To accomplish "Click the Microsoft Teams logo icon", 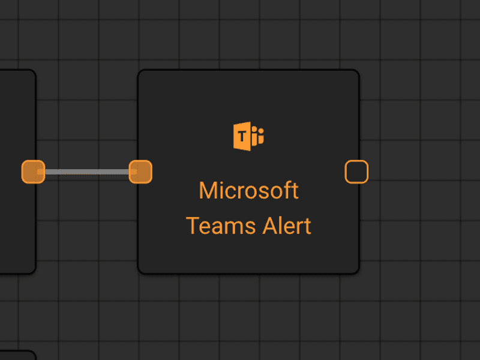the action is [248, 136].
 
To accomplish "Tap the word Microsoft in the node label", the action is [248, 190].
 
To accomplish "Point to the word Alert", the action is [287, 226].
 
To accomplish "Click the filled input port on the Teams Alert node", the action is [140, 172].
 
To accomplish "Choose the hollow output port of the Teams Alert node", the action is [356, 172].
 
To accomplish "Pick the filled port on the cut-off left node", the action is [34, 172].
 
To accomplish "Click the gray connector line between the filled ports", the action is [87, 172].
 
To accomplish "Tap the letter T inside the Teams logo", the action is [242, 136].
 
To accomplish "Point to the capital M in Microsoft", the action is [207, 190].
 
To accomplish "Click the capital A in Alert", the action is [271, 226].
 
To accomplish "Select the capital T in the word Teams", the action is [193, 226].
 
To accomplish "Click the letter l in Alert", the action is [283, 226].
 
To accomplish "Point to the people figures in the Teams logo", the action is [257, 135].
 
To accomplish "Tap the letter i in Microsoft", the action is [219, 190].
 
